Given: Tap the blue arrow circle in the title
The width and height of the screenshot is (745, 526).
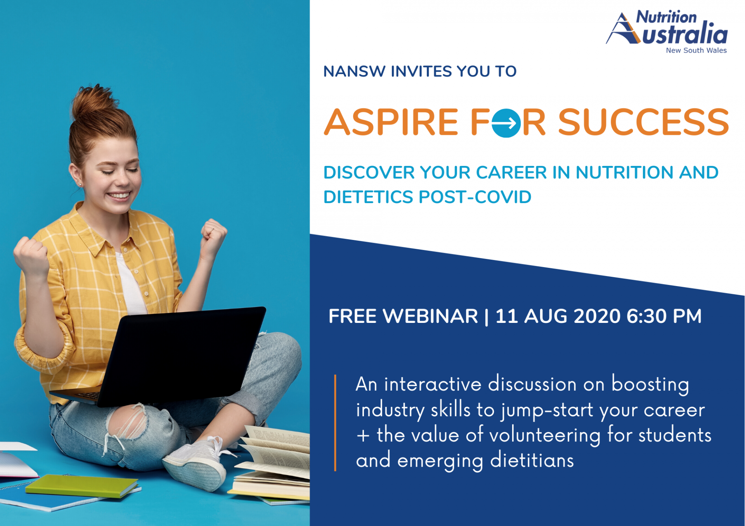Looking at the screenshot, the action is click(x=506, y=123).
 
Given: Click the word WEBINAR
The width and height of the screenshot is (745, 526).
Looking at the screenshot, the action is click(x=430, y=316).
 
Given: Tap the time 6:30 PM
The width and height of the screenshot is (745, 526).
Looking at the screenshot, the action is click(x=664, y=316).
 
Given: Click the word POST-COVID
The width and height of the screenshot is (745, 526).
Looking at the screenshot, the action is click(x=475, y=197).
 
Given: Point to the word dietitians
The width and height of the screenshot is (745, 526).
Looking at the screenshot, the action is click(x=532, y=460).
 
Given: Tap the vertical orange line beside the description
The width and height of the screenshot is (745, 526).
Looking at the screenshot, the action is click(x=335, y=423).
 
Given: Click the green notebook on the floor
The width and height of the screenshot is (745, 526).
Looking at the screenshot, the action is click(x=82, y=485).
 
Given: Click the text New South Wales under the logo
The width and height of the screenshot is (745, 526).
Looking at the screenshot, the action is click(x=696, y=50).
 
